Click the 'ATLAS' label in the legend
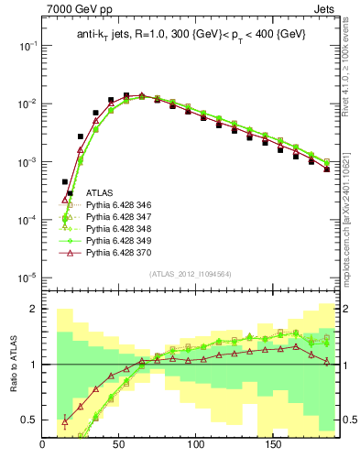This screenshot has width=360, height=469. (101, 193)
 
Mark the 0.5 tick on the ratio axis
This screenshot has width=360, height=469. (30, 420)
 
